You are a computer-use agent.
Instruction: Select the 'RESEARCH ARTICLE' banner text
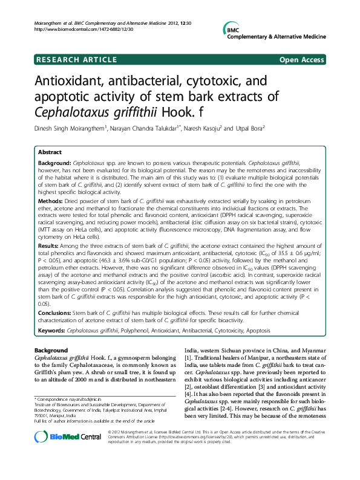click(x=76, y=59)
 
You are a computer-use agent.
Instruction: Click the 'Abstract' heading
click(x=50, y=153)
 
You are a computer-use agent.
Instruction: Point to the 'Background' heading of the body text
click(x=51, y=351)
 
